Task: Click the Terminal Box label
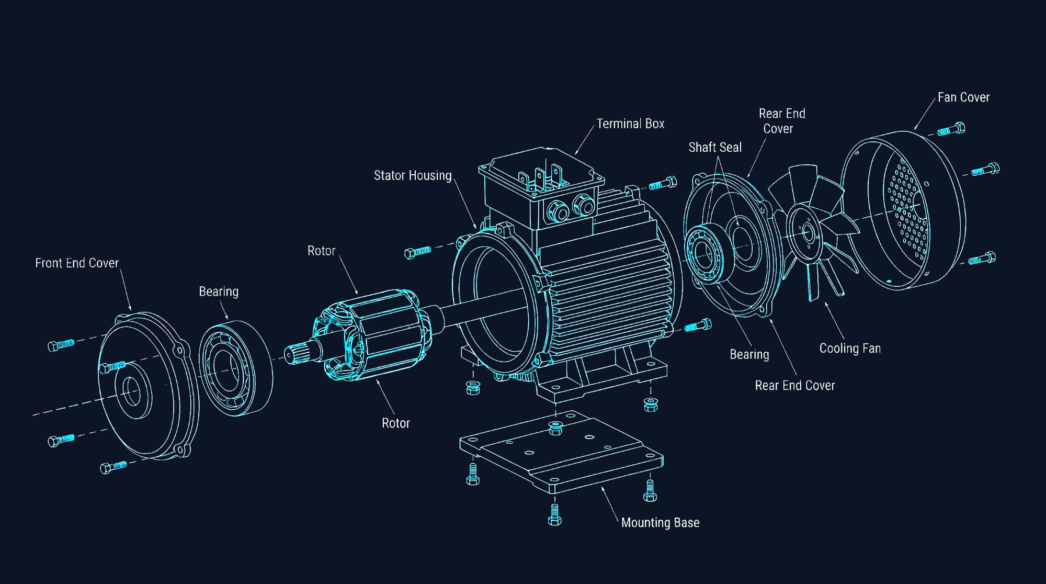(x=630, y=124)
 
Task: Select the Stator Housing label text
(x=413, y=176)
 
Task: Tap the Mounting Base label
(x=660, y=523)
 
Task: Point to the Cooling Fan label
(x=850, y=349)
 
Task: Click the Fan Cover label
(x=963, y=98)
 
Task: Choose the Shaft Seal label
(x=715, y=148)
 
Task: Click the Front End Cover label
(x=77, y=263)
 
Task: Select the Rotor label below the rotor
(x=396, y=423)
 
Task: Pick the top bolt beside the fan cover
(x=951, y=129)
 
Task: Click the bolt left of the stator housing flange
(x=418, y=252)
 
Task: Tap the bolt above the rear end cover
(x=663, y=184)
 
